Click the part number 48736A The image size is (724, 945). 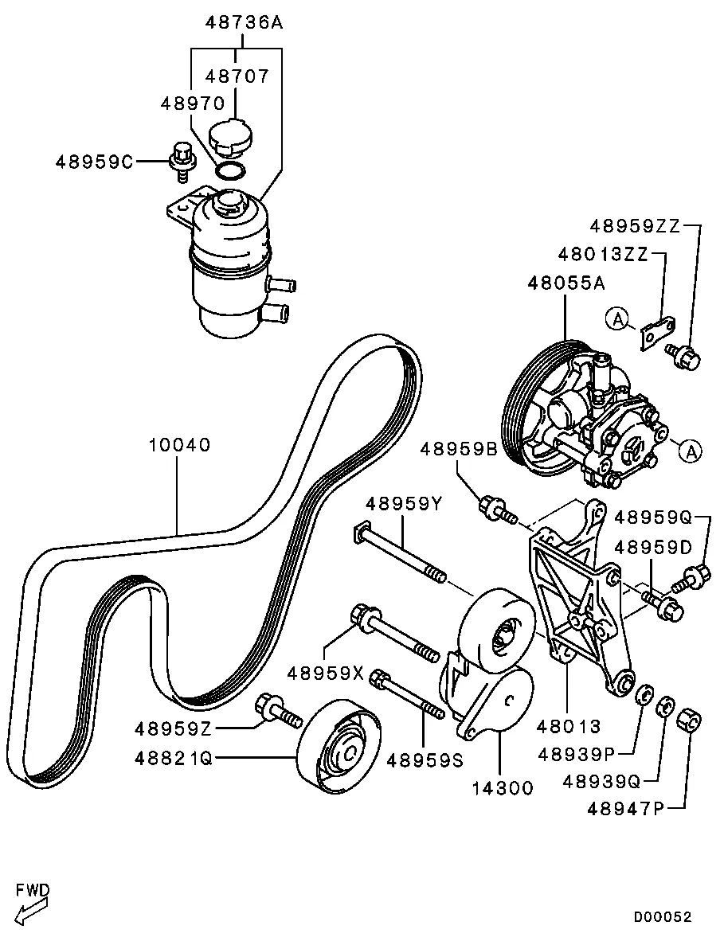point(244,22)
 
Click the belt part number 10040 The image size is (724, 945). point(180,444)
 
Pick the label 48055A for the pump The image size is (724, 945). point(566,283)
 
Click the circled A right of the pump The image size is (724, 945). point(691,451)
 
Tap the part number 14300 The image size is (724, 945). point(503,789)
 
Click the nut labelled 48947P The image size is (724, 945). point(689,723)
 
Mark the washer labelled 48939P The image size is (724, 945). point(641,693)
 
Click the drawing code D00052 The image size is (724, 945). point(663,917)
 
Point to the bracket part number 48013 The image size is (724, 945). point(568,726)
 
